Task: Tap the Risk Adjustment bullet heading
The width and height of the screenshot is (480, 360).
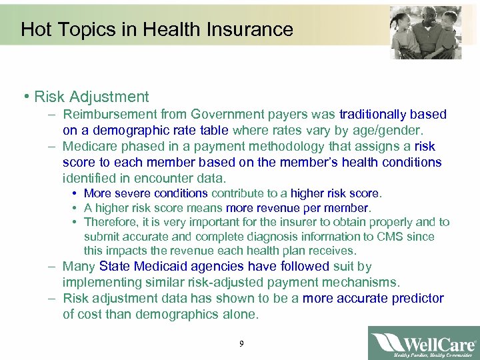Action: point(91,97)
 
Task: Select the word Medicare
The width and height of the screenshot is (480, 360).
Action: point(91,147)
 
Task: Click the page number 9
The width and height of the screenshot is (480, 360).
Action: point(241,344)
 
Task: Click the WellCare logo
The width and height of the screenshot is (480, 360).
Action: point(423,343)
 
